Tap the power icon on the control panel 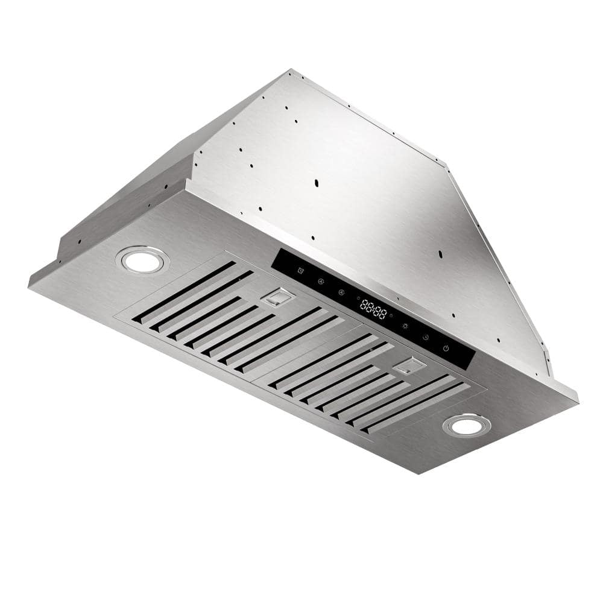[446, 348]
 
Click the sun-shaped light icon [405, 326]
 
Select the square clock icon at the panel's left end [300, 270]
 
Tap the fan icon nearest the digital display [341, 292]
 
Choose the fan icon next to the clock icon [320, 281]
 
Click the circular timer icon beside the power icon [425, 338]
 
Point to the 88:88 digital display [373, 309]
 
